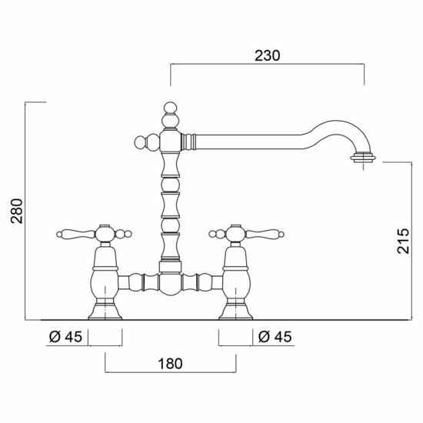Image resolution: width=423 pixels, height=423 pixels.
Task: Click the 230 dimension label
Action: [268, 56]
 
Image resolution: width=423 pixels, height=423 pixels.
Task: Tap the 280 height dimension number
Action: [17, 211]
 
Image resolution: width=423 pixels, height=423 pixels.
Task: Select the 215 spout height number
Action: [403, 241]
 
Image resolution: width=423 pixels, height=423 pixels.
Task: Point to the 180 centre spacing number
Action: [170, 364]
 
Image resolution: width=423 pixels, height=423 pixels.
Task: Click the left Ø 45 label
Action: [65, 337]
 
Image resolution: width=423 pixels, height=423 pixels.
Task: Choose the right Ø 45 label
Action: [275, 337]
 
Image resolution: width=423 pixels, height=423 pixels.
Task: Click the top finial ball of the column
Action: [171, 108]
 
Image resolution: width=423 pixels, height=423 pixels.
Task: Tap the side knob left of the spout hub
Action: [141, 142]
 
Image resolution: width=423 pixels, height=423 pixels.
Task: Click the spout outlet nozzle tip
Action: [363, 158]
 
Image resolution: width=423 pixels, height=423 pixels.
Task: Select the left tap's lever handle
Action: [76, 234]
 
